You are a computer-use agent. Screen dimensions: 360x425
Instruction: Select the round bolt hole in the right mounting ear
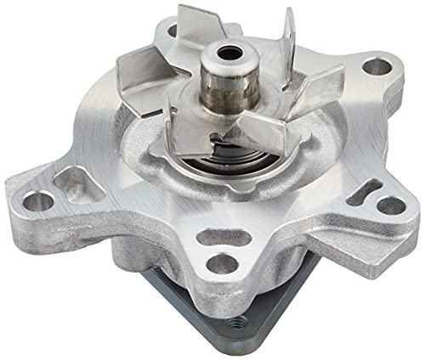pyautogui.click(x=389, y=205)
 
